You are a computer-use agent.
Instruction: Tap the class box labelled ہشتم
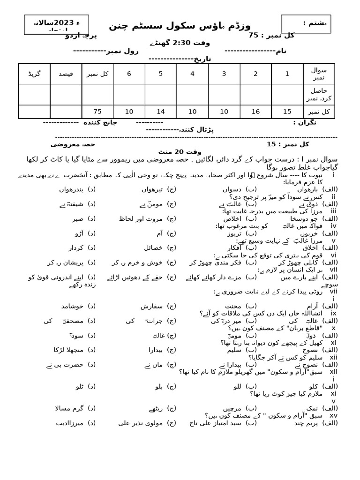tap(306, 23)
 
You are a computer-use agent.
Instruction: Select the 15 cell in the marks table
tap(287, 112)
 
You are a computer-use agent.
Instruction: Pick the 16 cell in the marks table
tap(255, 112)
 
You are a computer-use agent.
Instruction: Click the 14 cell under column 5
tap(160, 112)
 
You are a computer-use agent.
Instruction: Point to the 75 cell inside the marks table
tap(97, 112)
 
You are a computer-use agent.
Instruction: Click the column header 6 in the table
tap(129, 74)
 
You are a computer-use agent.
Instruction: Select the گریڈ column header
tap(34, 74)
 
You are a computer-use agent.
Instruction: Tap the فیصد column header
tap(66, 74)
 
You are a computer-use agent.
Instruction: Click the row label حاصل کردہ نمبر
tap(319, 94)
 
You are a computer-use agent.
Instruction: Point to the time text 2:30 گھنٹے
tap(178, 43)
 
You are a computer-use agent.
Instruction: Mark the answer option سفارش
tap(151, 306)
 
